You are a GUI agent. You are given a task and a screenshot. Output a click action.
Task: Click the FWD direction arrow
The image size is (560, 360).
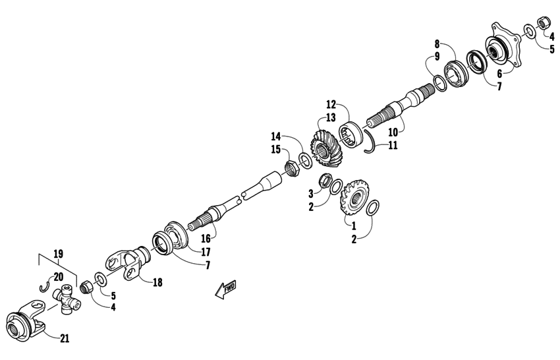225,289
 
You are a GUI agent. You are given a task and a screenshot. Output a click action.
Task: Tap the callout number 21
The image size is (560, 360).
64,339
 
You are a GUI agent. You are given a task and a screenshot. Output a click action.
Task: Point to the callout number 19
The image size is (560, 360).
58,253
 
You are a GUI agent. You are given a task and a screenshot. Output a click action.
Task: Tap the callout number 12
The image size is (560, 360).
331,104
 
